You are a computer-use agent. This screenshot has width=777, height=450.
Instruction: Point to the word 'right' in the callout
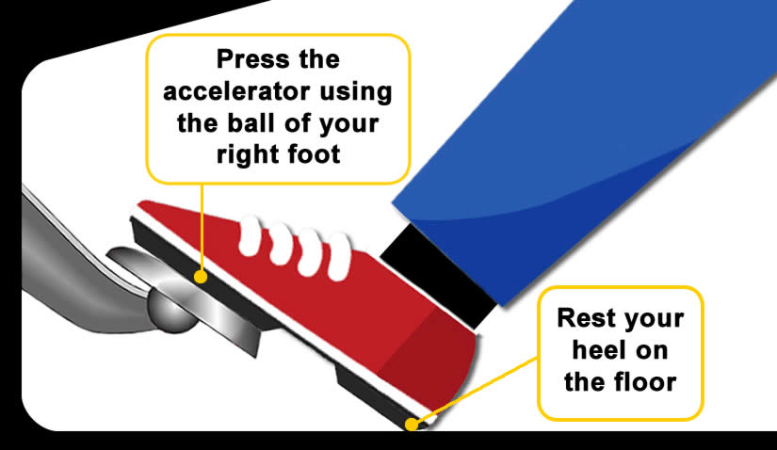tap(248, 153)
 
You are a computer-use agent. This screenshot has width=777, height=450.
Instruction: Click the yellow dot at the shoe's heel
tap(412, 423)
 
